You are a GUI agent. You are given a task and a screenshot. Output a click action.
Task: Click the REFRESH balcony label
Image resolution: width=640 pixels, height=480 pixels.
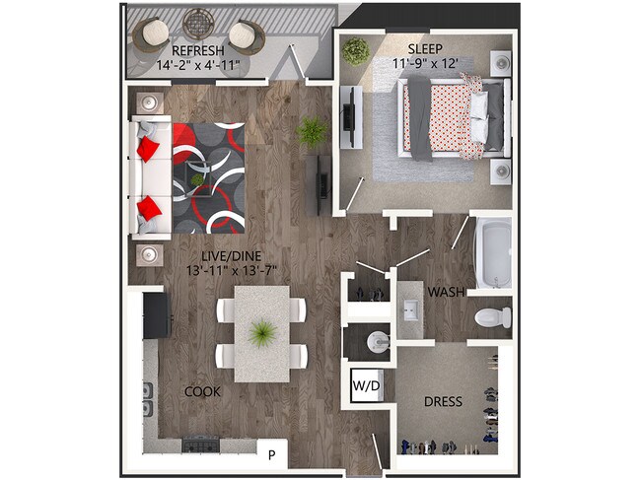pyautogui.click(x=198, y=50)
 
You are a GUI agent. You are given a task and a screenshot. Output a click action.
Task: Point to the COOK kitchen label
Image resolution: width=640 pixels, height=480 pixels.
pyautogui.click(x=202, y=391)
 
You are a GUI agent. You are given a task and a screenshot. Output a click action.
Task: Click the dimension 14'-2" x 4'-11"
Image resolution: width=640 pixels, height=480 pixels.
pyautogui.click(x=198, y=66)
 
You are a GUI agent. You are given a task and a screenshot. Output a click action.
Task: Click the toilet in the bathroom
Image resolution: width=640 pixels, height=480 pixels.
pyautogui.click(x=491, y=317)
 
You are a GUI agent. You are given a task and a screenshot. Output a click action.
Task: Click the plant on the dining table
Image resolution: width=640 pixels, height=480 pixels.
pyautogui.click(x=261, y=334)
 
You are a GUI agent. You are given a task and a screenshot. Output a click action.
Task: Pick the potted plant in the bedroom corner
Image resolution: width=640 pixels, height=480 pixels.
pyautogui.click(x=355, y=50)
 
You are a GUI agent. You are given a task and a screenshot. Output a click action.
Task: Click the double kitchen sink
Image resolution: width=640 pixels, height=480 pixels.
pyautogui.click(x=148, y=399)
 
